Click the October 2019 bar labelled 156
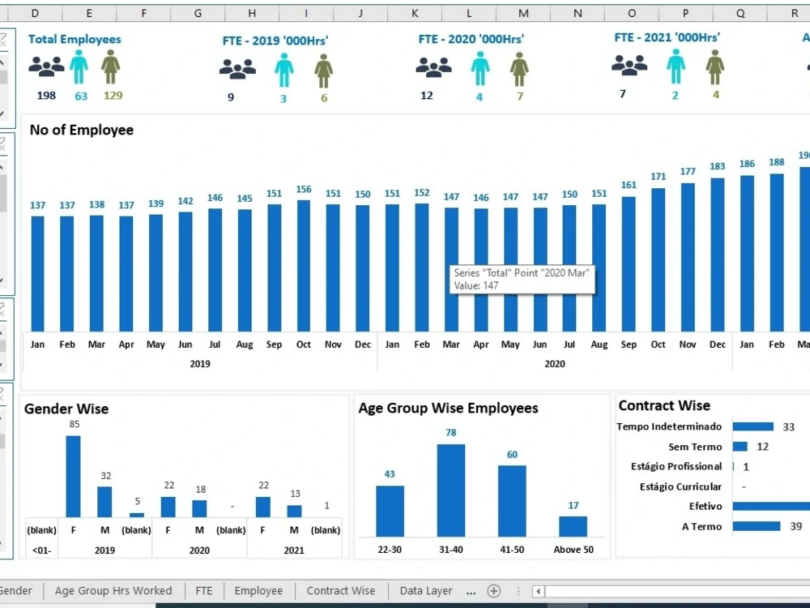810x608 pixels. click(x=304, y=266)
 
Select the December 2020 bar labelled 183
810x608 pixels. click(x=718, y=255)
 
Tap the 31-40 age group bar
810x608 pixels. click(x=451, y=490)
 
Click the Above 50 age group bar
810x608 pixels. click(x=573, y=526)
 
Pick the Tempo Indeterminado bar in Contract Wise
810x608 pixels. click(x=753, y=426)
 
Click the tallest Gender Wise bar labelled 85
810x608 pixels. click(x=74, y=476)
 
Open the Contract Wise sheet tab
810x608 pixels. click(x=341, y=590)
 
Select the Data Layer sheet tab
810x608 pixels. click(x=426, y=590)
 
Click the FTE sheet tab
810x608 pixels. click(x=204, y=590)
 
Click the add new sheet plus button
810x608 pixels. click(x=494, y=591)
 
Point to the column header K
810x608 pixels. click(x=415, y=14)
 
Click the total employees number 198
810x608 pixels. click(x=46, y=95)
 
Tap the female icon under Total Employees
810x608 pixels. click(x=110, y=66)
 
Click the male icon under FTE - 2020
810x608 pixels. click(x=480, y=69)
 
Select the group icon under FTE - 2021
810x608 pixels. click(x=629, y=66)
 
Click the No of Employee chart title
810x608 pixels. click(x=82, y=130)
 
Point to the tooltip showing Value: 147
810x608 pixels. click(x=522, y=279)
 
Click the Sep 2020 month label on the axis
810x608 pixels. click(x=629, y=345)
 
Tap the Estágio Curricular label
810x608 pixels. click(x=680, y=486)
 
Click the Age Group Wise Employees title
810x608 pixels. click(x=449, y=408)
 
